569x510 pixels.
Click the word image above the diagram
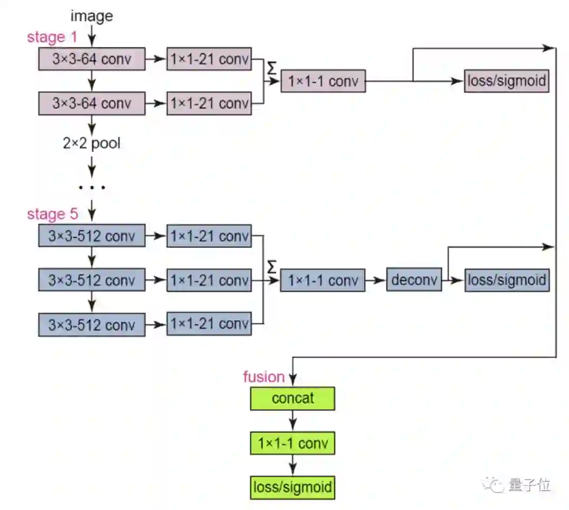pyautogui.click(x=92, y=16)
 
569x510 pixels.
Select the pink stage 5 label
pyautogui.click(x=52, y=214)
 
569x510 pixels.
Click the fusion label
pyautogui.click(x=263, y=377)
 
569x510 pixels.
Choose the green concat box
pyautogui.click(x=292, y=398)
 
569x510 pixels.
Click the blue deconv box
pyautogui.click(x=414, y=280)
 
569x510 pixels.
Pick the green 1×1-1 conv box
pyautogui.click(x=292, y=444)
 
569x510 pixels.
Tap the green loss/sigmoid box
pyautogui.click(x=292, y=487)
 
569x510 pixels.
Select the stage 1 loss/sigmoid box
pyautogui.click(x=506, y=81)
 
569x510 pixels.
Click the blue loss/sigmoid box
pyautogui.click(x=507, y=280)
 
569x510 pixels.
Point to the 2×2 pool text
pyautogui.click(x=92, y=143)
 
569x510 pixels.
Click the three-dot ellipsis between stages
pyautogui.click(x=92, y=187)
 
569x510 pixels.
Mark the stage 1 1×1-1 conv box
pyautogui.click(x=322, y=81)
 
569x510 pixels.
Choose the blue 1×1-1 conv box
pyautogui.click(x=322, y=280)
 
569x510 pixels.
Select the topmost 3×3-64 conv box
pyautogui.click(x=92, y=59)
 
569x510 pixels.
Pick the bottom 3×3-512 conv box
pyautogui.click(x=92, y=324)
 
